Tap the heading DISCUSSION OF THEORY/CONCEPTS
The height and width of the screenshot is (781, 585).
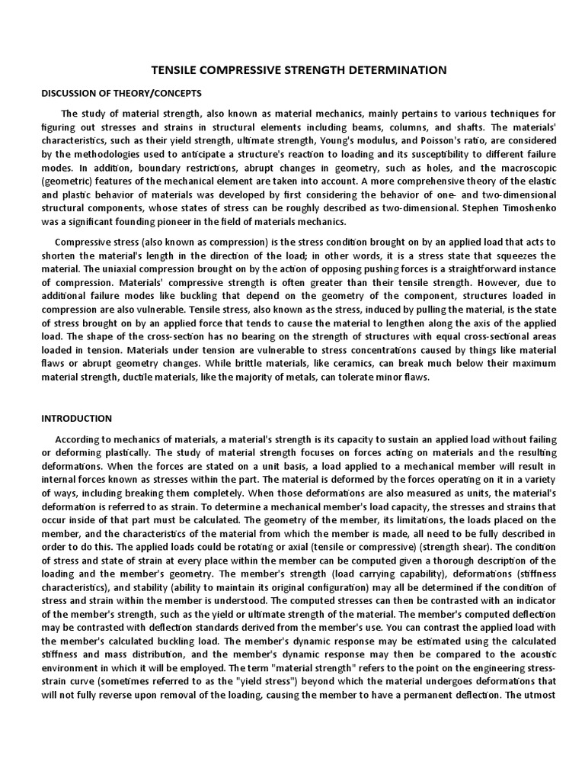[x=110, y=92]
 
